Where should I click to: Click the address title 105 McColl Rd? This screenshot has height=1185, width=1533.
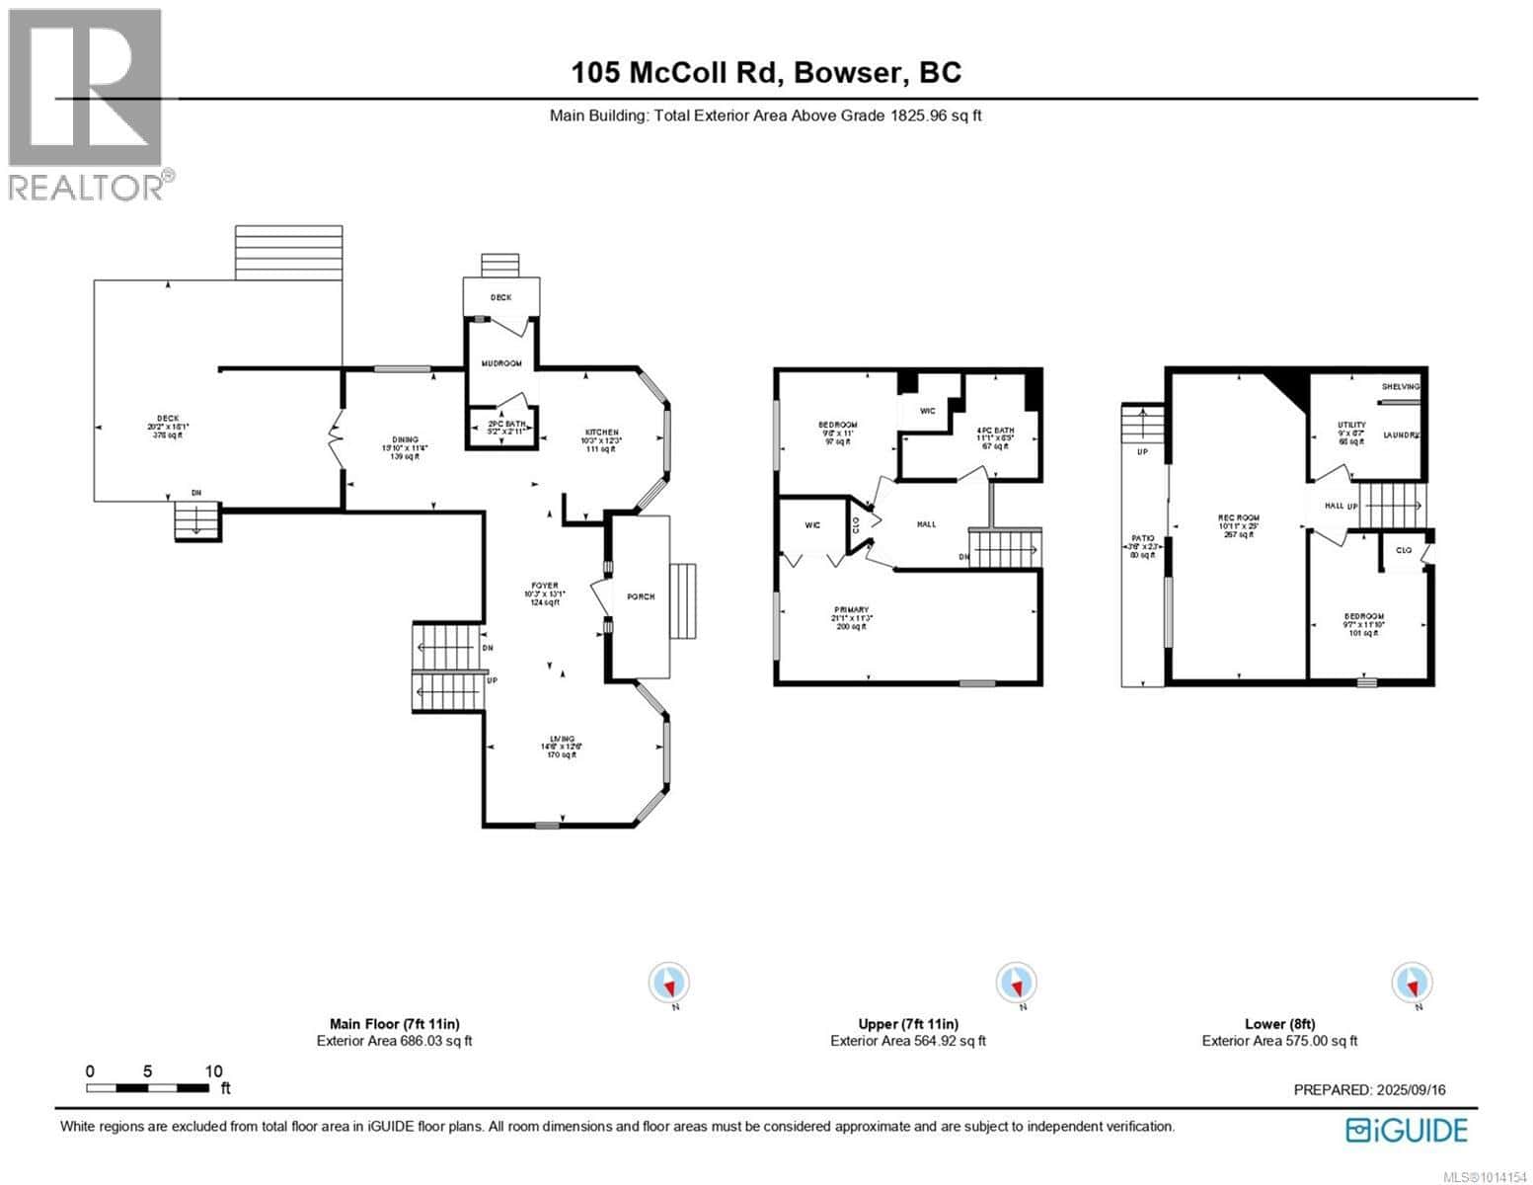click(766, 72)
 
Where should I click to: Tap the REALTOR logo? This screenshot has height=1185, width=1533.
click(86, 104)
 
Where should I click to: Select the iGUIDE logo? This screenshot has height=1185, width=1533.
click(1408, 1129)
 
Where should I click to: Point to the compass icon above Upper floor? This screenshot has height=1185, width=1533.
click(1017, 984)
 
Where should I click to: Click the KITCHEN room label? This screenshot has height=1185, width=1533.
click(602, 433)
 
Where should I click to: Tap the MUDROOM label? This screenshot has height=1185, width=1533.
click(501, 363)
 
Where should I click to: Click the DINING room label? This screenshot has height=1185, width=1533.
click(404, 439)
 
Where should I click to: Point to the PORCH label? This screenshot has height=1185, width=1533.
click(640, 596)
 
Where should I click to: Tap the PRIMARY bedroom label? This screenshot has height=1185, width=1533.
click(851, 609)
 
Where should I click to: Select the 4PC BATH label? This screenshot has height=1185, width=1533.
click(995, 431)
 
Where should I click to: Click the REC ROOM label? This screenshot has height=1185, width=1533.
click(1238, 517)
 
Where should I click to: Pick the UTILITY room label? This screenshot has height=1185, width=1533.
click(1350, 425)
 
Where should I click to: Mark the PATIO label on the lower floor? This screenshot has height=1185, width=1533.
click(1141, 538)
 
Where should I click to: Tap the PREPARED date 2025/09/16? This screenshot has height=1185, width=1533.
click(1369, 1089)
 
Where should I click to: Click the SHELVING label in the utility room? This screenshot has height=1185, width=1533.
click(1401, 387)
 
